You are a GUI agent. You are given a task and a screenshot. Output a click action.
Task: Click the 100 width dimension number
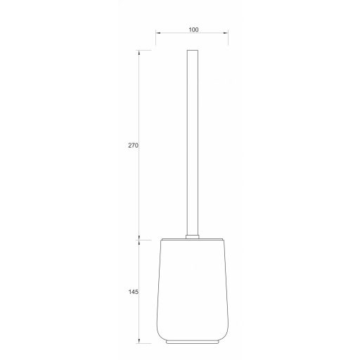tap(194, 29)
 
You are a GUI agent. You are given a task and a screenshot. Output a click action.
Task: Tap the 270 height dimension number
tap(133, 146)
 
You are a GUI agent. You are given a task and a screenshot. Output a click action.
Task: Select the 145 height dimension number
tap(133, 291)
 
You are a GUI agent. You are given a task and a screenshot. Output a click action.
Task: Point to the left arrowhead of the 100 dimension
tap(157, 34)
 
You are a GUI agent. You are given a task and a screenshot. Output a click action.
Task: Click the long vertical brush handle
tap(193, 141)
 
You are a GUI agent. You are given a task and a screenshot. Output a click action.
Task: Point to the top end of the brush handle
tap(193, 51)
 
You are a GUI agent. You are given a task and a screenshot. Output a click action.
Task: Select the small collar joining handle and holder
tap(193, 236)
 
